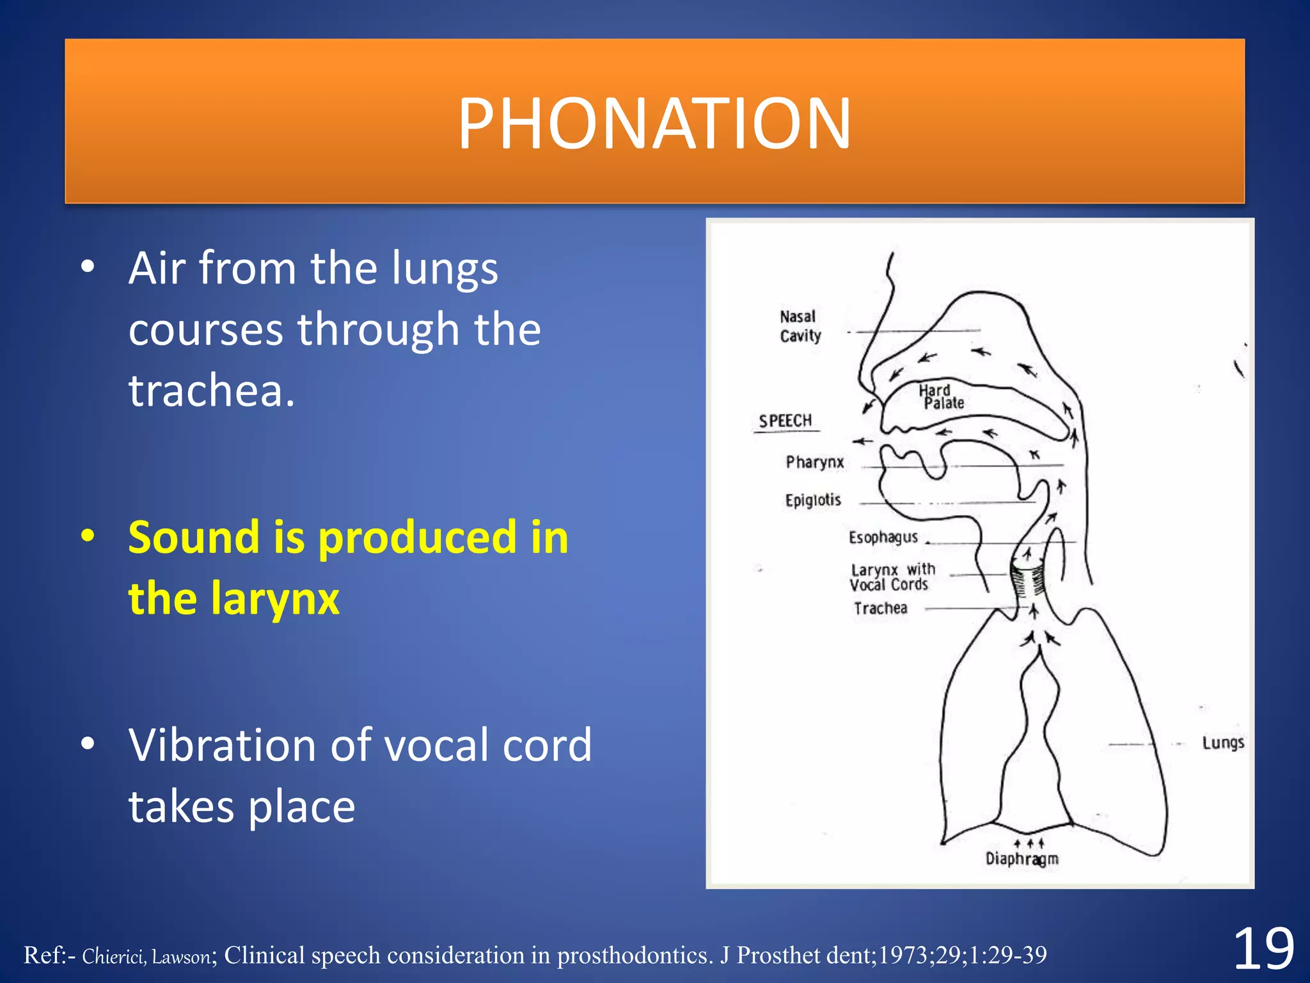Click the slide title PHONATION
(654, 123)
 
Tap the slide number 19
(1263, 950)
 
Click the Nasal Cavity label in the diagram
(800, 326)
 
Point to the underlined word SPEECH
(785, 421)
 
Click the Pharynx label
(814, 462)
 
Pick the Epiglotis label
(812, 500)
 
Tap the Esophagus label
(883, 538)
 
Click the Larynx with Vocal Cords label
(890, 577)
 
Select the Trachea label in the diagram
(880, 609)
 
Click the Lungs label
(1222, 743)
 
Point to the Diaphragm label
(1022, 859)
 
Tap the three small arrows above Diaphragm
(1029, 843)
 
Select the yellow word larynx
(275, 599)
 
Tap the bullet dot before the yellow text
(88, 536)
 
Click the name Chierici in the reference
(113, 956)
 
